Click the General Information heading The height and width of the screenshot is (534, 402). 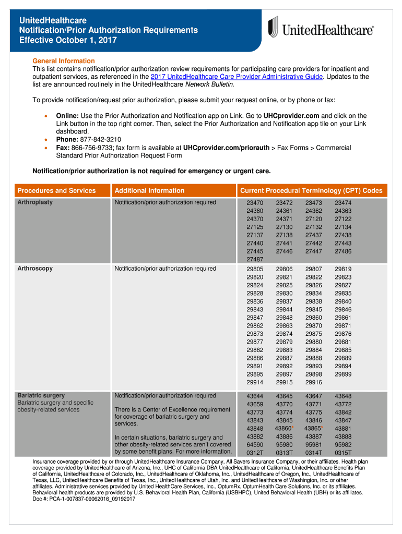(x=64, y=61)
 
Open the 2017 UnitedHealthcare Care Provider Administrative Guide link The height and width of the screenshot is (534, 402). (x=237, y=77)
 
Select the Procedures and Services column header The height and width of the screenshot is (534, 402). (x=56, y=190)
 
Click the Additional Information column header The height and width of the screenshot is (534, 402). (x=149, y=190)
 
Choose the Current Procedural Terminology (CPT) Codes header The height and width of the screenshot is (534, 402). (x=311, y=190)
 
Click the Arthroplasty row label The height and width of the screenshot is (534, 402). (x=35, y=202)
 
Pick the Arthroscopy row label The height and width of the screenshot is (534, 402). (x=35, y=269)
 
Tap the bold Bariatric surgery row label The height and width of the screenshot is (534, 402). (x=41, y=395)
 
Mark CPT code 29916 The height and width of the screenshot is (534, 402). (x=314, y=383)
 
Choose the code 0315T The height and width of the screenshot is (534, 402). (x=343, y=453)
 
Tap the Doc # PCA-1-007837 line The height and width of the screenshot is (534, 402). (x=84, y=499)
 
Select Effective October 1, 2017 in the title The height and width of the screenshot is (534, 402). (x=68, y=40)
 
